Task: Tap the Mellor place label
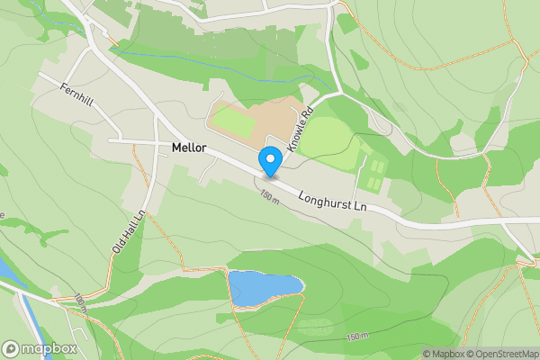pos(189,147)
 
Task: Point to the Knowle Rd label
pos(299,129)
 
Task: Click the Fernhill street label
pos(78,93)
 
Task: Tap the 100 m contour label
pos(80,303)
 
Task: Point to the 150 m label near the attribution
pos(356,336)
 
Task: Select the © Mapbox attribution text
pos(443,354)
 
